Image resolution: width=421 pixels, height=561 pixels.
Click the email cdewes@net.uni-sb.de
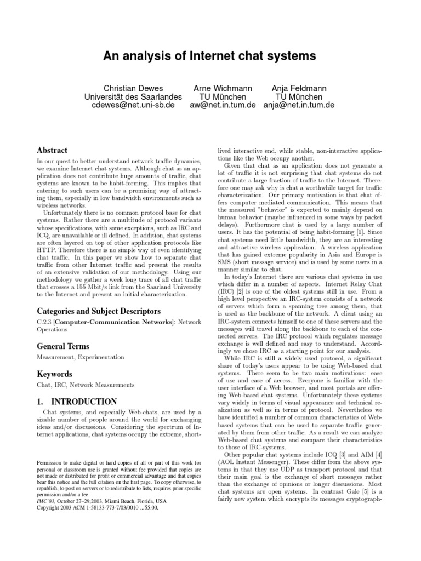point(133,105)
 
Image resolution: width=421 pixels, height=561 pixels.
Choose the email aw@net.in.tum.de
point(224,105)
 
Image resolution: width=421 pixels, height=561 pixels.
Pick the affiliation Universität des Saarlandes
point(133,96)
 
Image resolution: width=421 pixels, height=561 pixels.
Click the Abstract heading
point(52,150)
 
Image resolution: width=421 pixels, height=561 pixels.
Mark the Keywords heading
point(54,374)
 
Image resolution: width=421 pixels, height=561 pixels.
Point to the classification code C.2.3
point(45,323)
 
